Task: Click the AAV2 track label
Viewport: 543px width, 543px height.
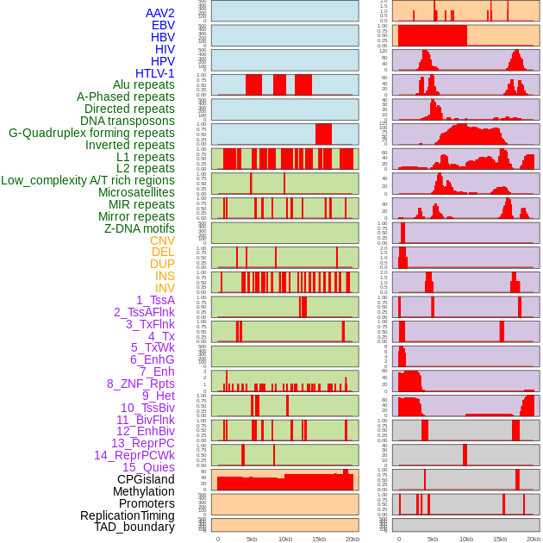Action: [159, 13]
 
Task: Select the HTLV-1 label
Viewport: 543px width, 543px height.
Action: [154, 73]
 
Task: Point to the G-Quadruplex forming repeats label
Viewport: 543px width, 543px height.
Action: [91, 133]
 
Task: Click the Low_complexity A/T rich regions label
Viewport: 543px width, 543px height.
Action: [88, 180]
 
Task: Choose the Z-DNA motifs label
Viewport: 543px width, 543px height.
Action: [139, 228]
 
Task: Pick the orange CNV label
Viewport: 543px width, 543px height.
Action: [162, 240]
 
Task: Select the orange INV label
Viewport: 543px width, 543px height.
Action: [164, 288]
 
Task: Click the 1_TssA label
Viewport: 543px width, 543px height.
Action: [155, 300]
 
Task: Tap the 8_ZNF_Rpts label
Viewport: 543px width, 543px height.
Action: [140, 384]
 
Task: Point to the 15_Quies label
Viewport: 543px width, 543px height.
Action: [148, 467]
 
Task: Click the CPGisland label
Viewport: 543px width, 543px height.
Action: [146, 479]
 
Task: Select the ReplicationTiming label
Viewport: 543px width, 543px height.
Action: [128, 515]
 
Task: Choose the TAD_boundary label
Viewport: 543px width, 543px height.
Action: [134, 527]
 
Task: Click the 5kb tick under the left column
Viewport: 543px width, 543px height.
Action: [252, 539]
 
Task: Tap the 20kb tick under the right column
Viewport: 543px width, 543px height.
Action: [534, 539]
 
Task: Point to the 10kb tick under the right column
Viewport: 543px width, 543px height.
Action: [466, 539]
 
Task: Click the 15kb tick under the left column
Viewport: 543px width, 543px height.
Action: [319, 539]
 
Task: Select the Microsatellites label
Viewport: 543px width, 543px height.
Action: [136, 192]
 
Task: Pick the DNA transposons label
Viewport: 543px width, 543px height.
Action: [128, 121]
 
